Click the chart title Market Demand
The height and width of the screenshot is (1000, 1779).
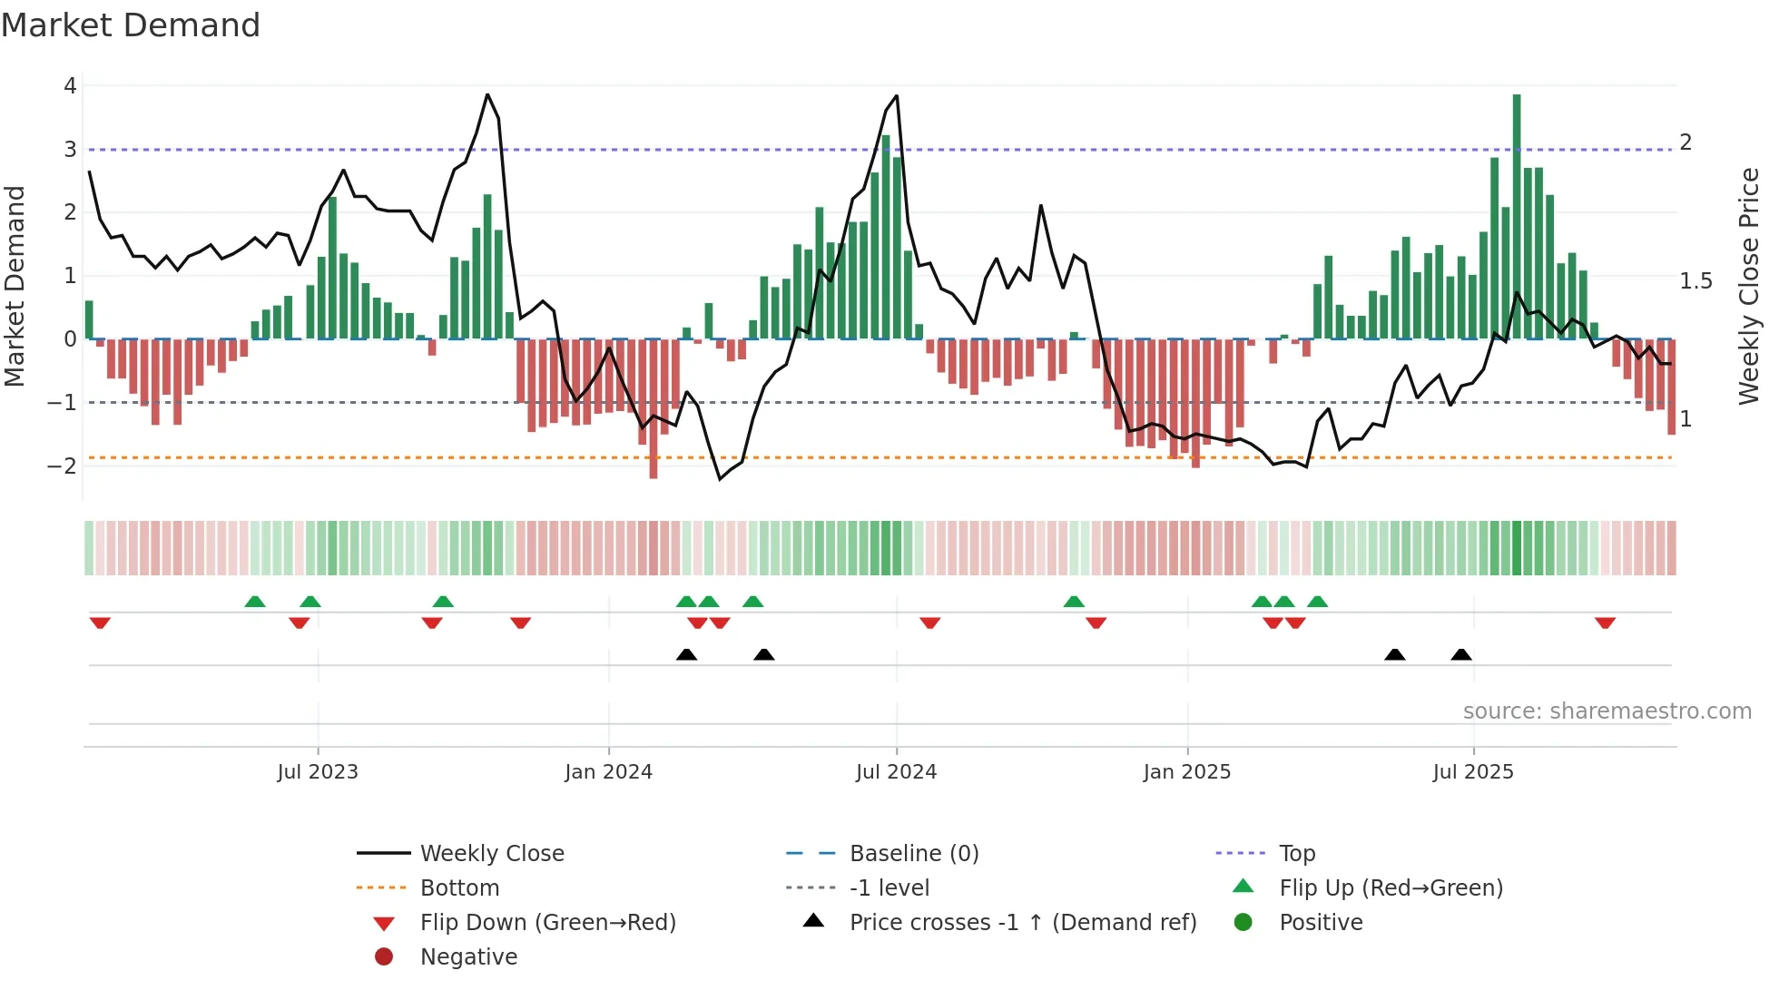[131, 25]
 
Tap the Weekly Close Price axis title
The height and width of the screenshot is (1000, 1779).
[1748, 286]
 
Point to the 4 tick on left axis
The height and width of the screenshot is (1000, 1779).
[70, 86]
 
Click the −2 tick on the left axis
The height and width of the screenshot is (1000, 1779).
[63, 466]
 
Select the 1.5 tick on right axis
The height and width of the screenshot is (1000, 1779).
[1695, 281]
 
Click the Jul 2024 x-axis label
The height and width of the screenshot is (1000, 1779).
[896, 772]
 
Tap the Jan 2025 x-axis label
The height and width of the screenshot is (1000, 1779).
[1186, 772]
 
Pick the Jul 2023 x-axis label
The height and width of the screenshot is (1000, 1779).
[318, 772]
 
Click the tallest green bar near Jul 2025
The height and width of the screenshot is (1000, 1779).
[1517, 218]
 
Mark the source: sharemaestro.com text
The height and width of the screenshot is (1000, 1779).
[1607, 711]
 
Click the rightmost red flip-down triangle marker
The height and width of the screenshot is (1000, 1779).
[1605, 623]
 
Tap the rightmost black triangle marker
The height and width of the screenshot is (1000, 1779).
[1461, 654]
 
